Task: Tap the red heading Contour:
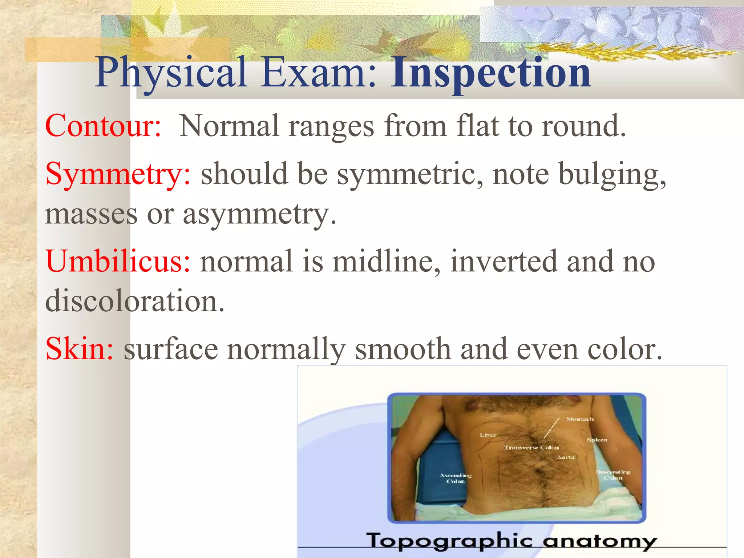pos(103,126)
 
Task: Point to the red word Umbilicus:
pos(118,261)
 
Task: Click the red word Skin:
pos(80,349)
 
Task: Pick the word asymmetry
pos(259,214)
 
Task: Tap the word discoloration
pos(135,302)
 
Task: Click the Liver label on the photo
pos(488,435)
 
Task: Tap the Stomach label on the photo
pos(580,419)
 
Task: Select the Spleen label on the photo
pos(597,440)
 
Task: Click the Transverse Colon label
pos(531,448)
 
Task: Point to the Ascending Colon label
pos(456,478)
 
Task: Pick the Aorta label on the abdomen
pos(566,457)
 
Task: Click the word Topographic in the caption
pos(449,541)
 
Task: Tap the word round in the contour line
pos(583,126)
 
